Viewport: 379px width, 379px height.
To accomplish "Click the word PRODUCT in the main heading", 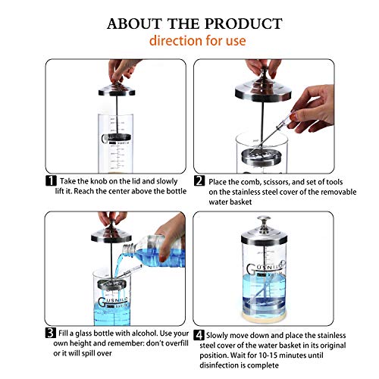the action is pyautogui.click(x=243, y=23).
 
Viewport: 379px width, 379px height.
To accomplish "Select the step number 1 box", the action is pyautogui.click(x=51, y=181).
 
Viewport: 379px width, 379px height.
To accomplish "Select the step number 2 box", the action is pyautogui.click(x=199, y=181).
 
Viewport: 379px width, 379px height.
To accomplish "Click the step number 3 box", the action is pyautogui.click(x=51, y=333).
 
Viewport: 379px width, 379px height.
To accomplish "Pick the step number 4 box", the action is pyautogui.click(x=199, y=335).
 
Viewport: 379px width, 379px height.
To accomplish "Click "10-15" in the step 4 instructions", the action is pyautogui.click(x=268, y=356).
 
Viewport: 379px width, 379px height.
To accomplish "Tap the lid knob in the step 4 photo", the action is pyautogui.click(x=264, y=221).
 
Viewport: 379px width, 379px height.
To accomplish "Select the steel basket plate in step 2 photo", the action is pyautogui.click(x=258, y=156).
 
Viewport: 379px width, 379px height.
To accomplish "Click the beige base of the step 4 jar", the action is pyautogui.click(x=265, y=318).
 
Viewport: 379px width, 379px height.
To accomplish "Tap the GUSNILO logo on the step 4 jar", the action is pyautogui.click(x=265, y=268).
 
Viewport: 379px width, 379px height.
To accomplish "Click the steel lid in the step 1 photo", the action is pyautogui.click(x=117, y=89).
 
